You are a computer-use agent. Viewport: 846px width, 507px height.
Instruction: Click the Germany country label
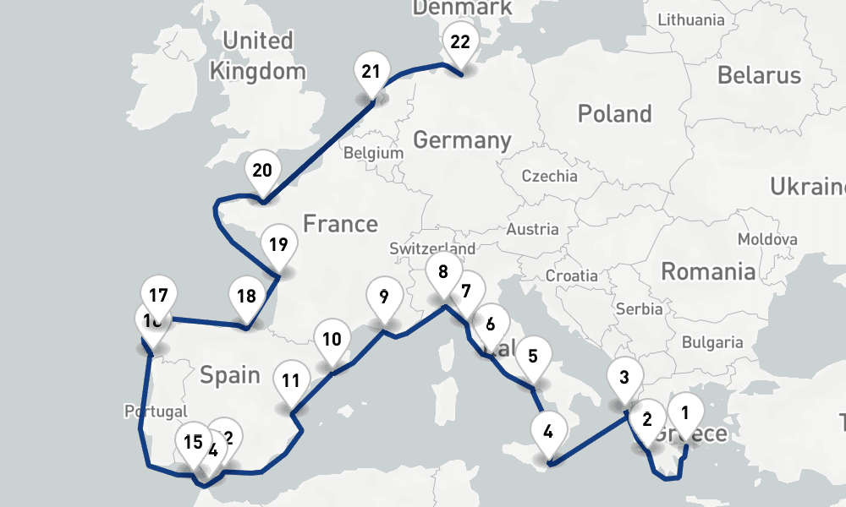click(x=462, y=140)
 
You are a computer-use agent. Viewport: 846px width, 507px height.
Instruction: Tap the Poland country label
click(x=614, y=114)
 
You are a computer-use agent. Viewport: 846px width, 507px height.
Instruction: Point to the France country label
click(x=340, y=224)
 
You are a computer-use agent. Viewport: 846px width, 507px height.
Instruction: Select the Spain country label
click(x=230, y=374)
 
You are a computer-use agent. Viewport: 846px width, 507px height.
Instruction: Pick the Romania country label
click(x=707, y=271)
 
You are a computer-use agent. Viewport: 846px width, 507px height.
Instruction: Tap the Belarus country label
click(x=759, y=74)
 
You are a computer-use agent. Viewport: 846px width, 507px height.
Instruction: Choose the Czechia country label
click(x=550, y=177)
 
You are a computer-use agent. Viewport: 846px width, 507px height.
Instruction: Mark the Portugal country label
click(x=155, y=412)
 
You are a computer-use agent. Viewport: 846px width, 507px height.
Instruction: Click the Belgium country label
click(x=373, y=154)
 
